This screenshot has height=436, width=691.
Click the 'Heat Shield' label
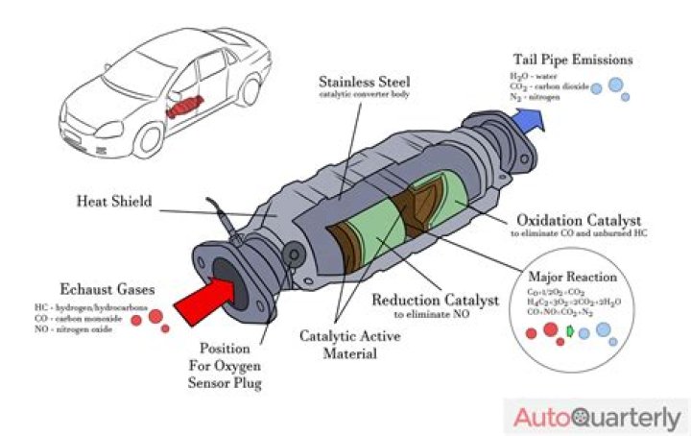click(x=114, y=203)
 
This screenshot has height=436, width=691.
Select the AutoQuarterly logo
click(x=597, y=417)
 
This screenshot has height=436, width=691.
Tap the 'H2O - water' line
click(x=534, y=75)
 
